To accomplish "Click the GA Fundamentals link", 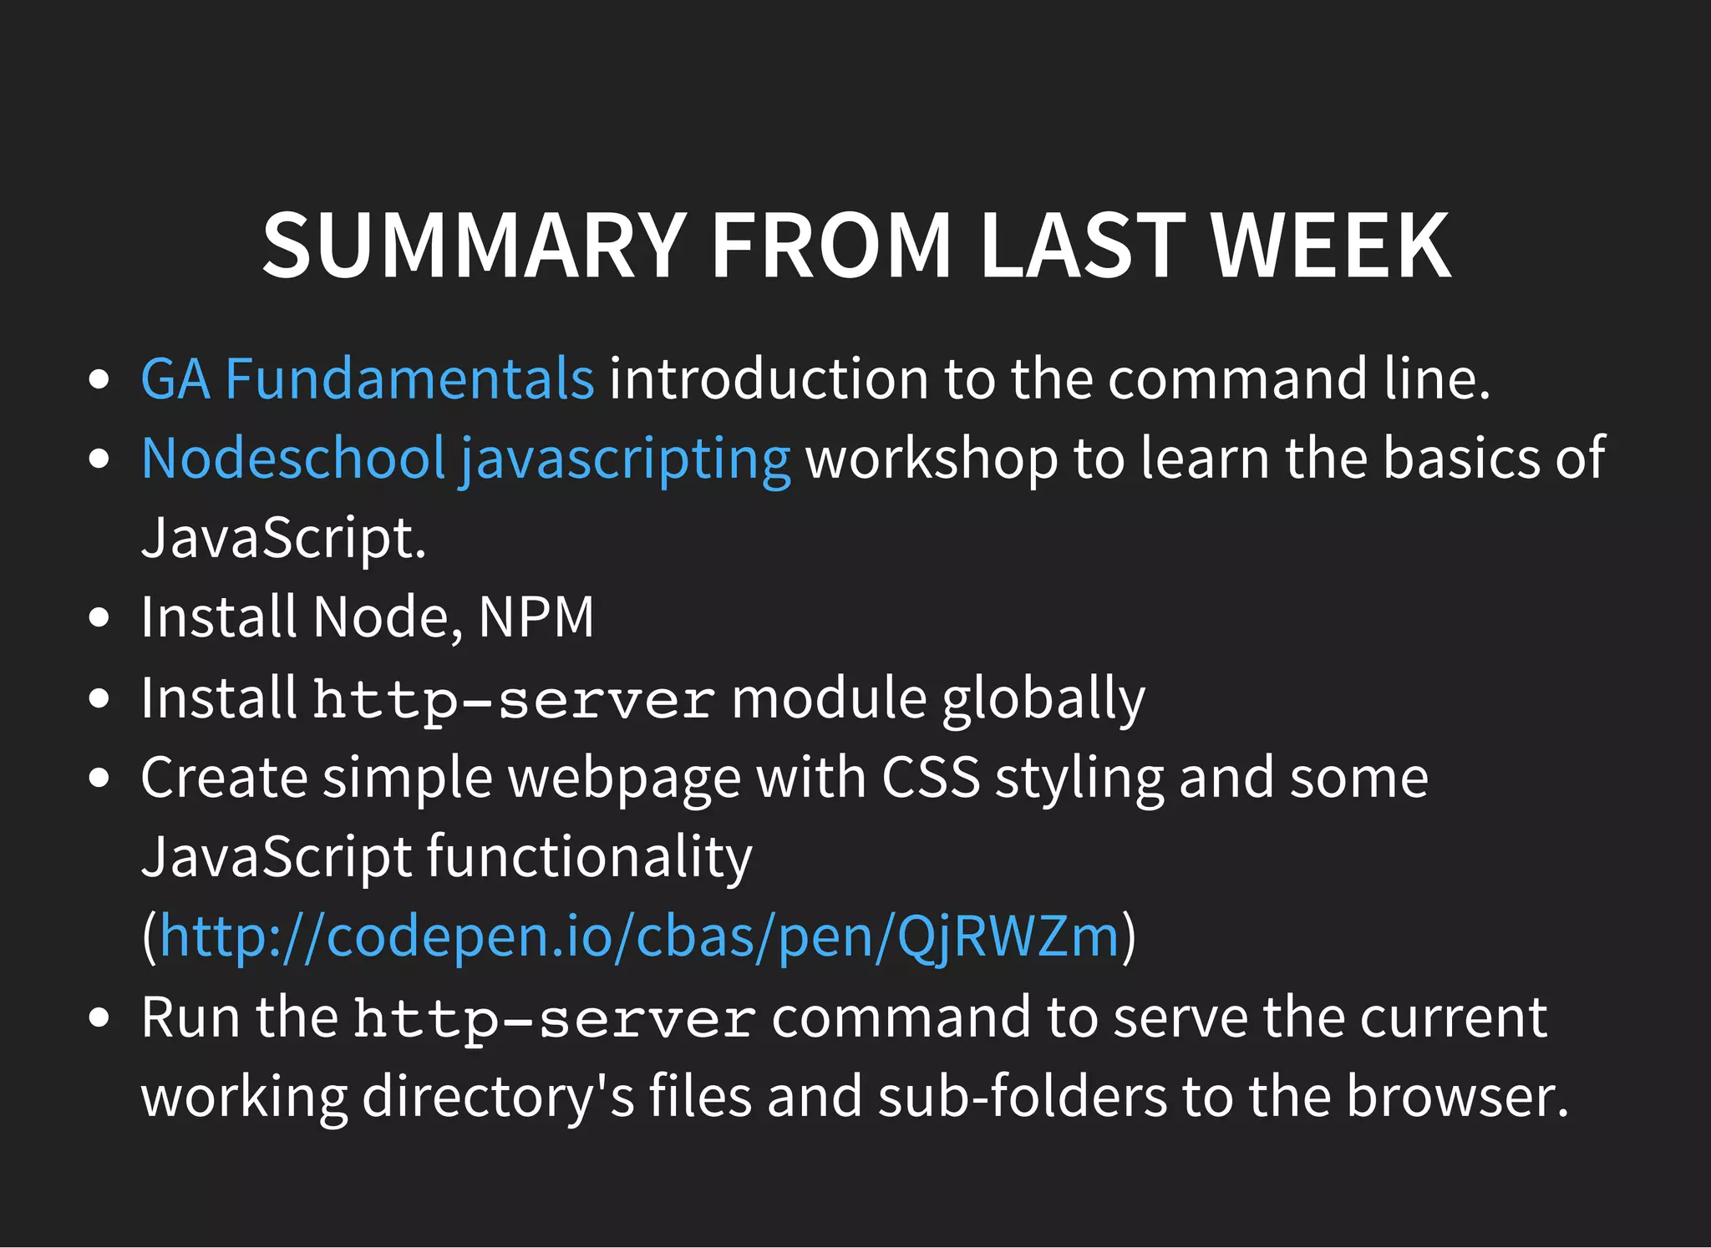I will tap(368, 379).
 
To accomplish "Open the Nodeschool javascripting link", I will tap(465, 459).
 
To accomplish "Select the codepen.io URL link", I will tap(639, 936).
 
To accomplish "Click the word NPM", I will tap(536, 618).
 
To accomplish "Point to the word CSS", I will tap(931, 778).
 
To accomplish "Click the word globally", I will tap(1043, 698).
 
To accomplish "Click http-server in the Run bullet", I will tap(555, 1019).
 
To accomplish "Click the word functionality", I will tap(590, 857).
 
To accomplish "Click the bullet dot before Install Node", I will tap(99, 618).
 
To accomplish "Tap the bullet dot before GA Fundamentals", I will tap(99, 379).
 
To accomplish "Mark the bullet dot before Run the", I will tap(99, 1018).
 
